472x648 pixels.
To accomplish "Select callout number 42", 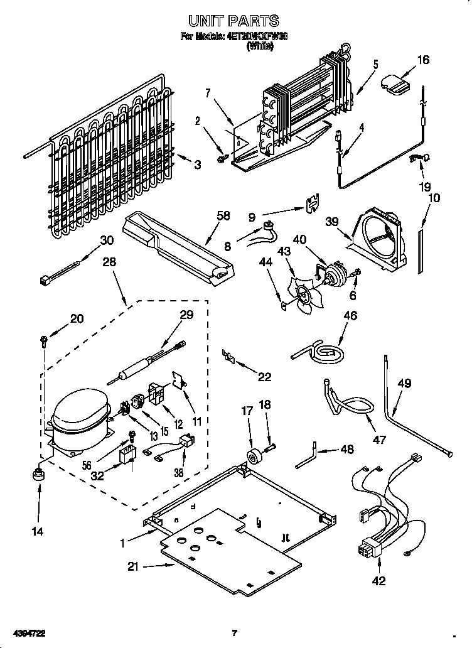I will pyautogui.click(x=379, y=581).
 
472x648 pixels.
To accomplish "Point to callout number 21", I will pyautogui.click(x=132, y=567).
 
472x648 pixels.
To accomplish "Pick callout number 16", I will pyautogui.click(x=423, y=60).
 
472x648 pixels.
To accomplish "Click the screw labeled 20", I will pyautogui.click(x=42, y=341).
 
